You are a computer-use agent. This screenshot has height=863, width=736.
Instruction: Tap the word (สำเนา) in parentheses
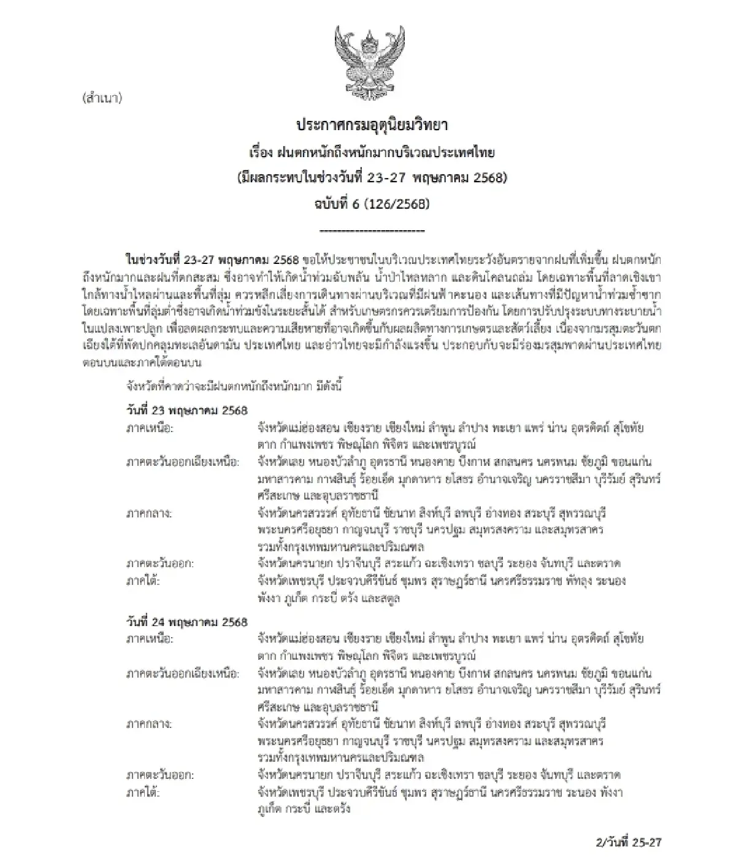point(102,98)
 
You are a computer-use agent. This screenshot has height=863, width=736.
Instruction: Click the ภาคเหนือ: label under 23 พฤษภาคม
point(150,428)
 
